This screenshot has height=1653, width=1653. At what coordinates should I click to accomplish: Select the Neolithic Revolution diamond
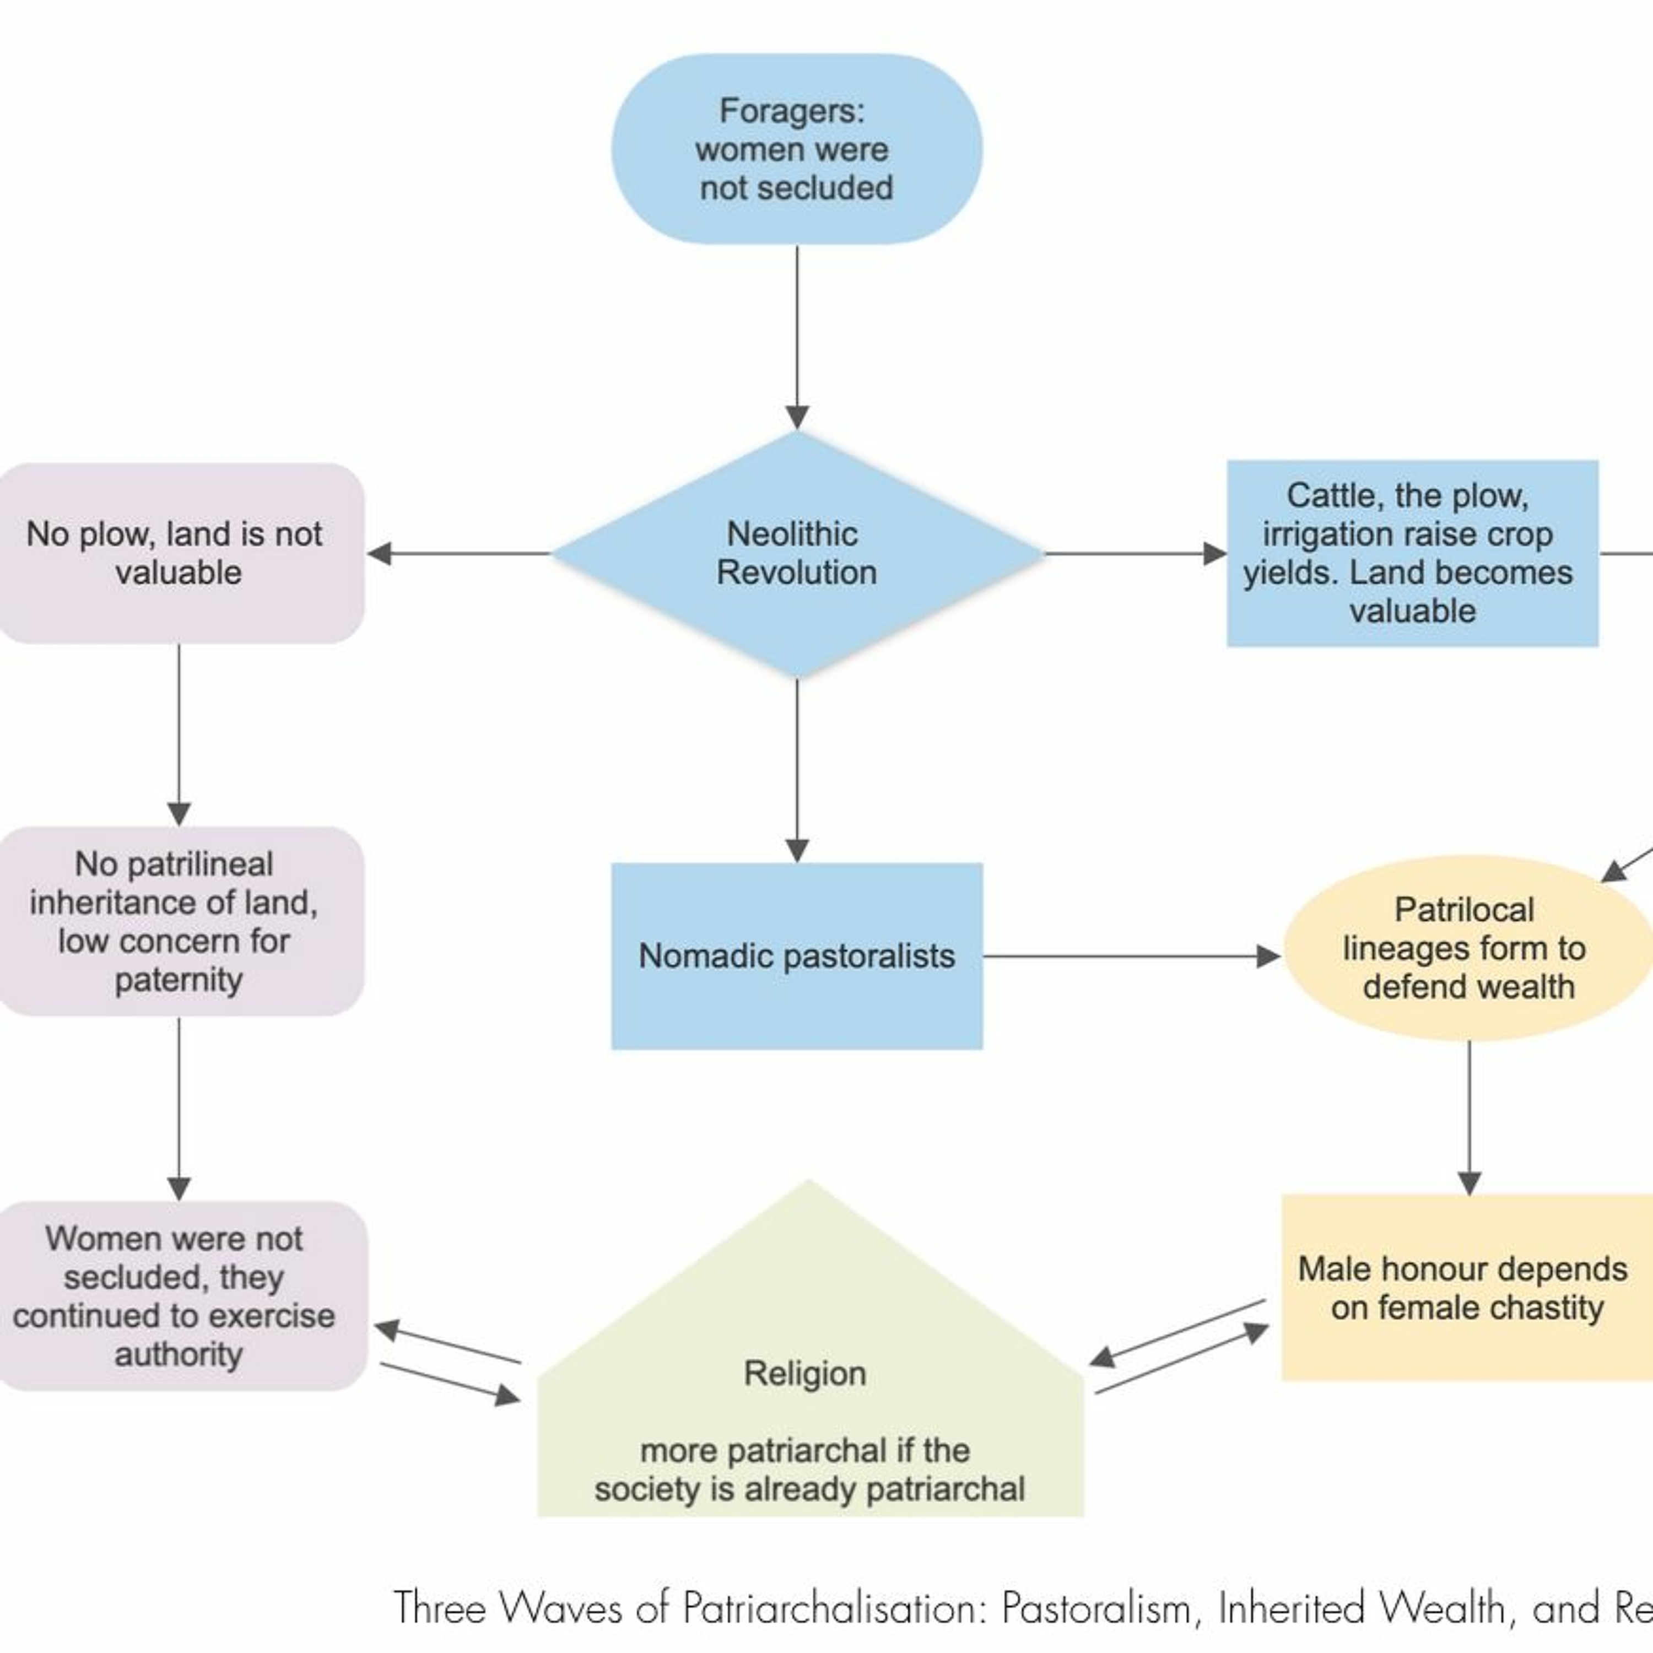coord(797,554)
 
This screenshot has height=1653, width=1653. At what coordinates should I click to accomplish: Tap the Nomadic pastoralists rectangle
coord(797,955)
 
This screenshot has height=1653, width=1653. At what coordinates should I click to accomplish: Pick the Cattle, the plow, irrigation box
coord(1412,554)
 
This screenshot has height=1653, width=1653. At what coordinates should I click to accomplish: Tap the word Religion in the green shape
coord(804,1373)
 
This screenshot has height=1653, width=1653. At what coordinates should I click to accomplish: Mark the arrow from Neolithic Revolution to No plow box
coord(458,554)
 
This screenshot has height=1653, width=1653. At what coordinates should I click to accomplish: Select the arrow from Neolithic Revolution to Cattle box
coord(1133,554)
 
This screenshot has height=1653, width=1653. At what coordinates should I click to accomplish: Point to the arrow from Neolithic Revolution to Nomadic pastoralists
coord(797,770)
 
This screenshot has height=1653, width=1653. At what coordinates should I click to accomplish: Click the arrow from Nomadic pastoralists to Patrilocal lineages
coord(1130,955)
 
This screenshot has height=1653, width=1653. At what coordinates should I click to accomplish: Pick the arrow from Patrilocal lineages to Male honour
coord(1469,1116)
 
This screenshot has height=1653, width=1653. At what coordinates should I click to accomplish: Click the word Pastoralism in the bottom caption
coord(1096,1608)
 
